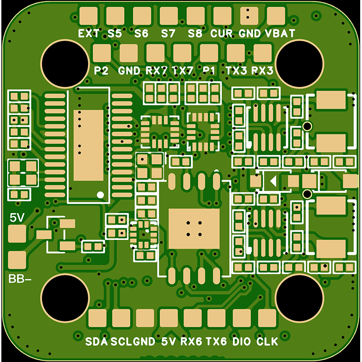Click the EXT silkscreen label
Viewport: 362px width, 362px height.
(x=89, y=33)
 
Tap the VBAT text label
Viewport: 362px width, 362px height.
(x=280, y=33)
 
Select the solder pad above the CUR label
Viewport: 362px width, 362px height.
(x=222, y=16)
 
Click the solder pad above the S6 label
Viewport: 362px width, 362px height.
(x=142, y=16)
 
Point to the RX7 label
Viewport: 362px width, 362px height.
(x=156, y=71)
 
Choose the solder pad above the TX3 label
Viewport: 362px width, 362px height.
(x=236, y=53)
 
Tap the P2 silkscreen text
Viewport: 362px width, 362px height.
(x=101, y=71)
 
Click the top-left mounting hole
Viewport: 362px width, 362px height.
(x=65, y=64)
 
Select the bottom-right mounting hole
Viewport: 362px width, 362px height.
(x=300, y=298)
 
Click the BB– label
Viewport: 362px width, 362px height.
(x=19, y=279)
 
